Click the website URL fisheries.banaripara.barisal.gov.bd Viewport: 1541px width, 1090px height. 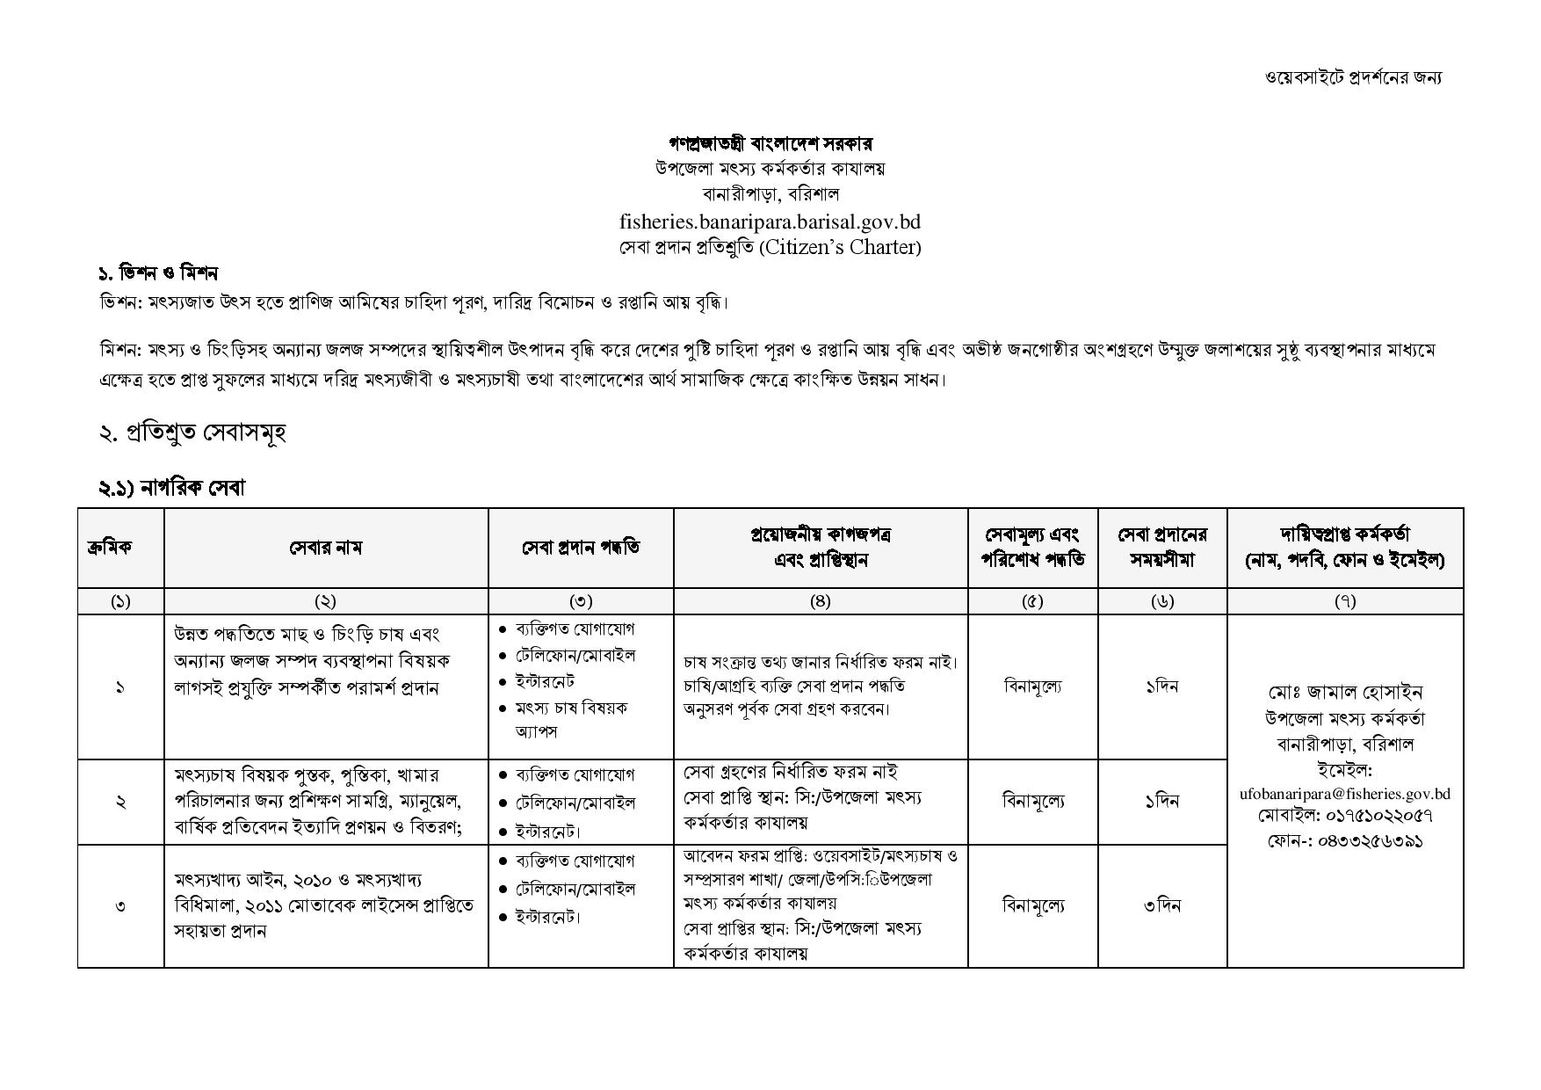[770, 221]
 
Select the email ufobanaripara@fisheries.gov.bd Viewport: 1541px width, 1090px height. [1344, 794]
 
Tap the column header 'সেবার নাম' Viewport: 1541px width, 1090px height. [325, 548]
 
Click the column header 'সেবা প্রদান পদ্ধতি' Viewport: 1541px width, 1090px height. [581, 548]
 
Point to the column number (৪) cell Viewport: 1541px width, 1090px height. [820, 601]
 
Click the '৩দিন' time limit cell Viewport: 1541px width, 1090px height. [1161, 905]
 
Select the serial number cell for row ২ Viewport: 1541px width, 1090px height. [120, 802]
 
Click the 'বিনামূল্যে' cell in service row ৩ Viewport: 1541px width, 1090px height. [1032, 905]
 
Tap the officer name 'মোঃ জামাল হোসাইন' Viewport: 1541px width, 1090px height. [1345, 693]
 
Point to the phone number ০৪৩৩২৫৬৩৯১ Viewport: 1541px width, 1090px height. [1371, 841]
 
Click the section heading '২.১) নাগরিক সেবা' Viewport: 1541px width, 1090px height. [171, 488]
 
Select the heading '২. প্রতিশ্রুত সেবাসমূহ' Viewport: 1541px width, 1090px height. [192, 432]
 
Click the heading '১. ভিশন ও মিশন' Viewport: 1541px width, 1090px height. [158, 273]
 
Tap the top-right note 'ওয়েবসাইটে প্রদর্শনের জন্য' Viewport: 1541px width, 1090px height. [1353, 77]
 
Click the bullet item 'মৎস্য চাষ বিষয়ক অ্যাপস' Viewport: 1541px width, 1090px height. [571, 719]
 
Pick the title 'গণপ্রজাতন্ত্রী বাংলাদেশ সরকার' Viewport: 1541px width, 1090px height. [770, 143]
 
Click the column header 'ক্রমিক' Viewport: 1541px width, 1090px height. [120, 548]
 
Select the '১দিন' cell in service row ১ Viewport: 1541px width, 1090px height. [1161, 687]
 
